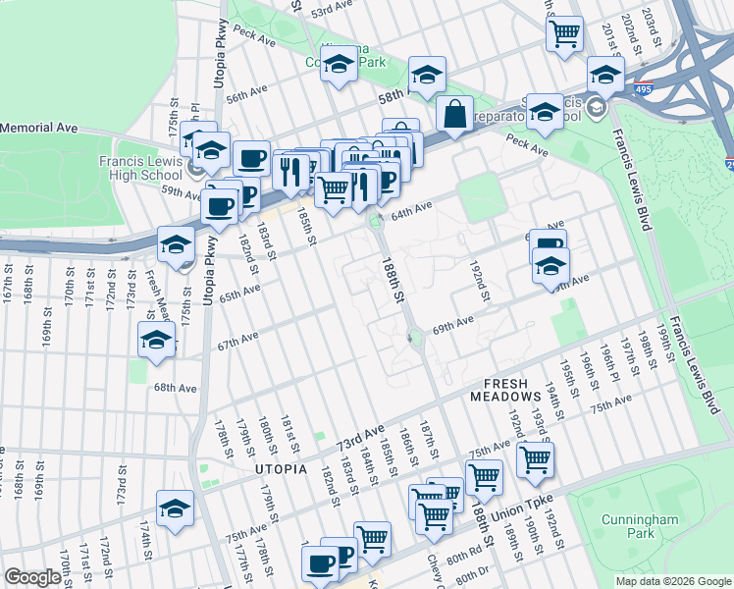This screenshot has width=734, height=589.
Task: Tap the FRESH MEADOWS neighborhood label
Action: click(x=512, y=390)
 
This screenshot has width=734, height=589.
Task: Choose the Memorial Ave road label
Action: click(x=39, y=128)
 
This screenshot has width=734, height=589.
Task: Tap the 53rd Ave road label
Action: click(x=331, y=10)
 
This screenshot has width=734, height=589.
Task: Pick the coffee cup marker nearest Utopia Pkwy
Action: click(x=218, y=205)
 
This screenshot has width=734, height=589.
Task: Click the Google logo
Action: click(x=32, y=577)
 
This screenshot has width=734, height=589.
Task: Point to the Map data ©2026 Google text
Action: click(x=672, y=581)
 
